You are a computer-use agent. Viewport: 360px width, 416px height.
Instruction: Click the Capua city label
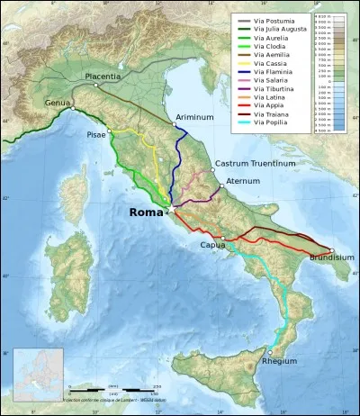[x=213, y=243]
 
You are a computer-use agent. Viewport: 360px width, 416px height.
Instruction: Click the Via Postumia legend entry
[x=270, y=19]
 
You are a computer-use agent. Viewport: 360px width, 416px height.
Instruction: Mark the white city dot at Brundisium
[x=331, y=251]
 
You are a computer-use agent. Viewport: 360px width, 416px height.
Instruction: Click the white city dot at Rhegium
[x=270, y=351]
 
